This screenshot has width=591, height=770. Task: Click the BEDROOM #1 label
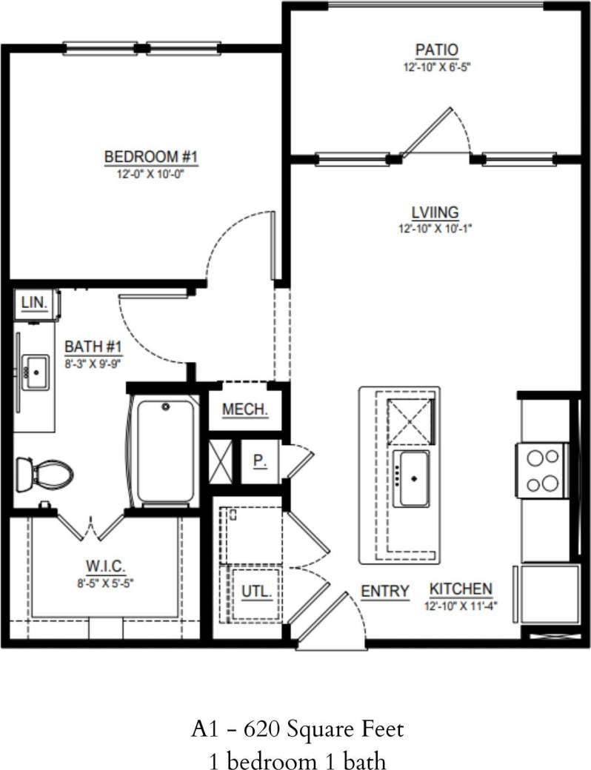click(x=151, y=157)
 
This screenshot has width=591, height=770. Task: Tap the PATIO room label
click(x=436, y=50)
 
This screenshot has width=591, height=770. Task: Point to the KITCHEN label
click(x=461, y=589)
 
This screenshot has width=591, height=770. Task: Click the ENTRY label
click(x=385, y=591)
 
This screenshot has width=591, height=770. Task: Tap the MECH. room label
click(x=244, y=410)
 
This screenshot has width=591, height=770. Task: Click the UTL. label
click(x=256, y=592)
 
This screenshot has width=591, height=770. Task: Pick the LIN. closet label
click(x=35, y=302)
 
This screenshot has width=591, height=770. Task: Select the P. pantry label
click(x=259, y=461)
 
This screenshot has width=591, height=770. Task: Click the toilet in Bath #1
click(x=44, y=472)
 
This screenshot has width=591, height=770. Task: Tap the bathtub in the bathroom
click(x=164, y=449)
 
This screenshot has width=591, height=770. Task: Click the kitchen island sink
click(x=411, y=477)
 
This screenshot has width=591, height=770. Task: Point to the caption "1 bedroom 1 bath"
click(x=295, y=759)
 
